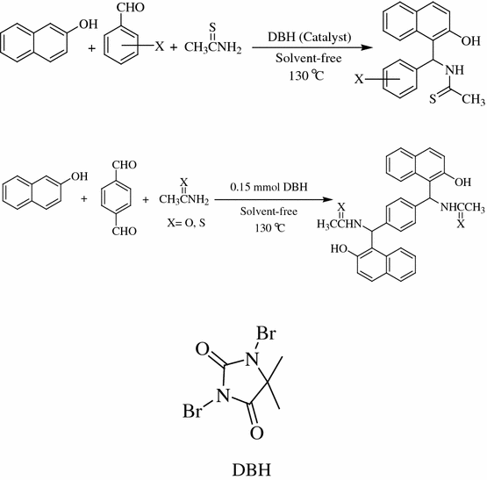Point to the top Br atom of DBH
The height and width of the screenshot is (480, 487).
pyautogui.click(x=264, y=333)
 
